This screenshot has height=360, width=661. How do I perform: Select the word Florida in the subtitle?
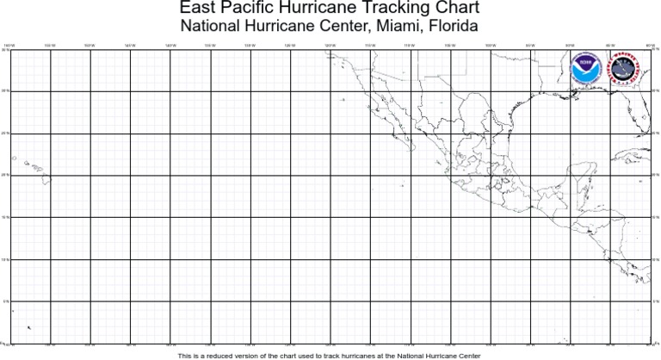pos(454,26)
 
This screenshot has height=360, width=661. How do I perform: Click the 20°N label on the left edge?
pos(5,175)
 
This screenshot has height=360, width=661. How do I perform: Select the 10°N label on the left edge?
pos(5,259)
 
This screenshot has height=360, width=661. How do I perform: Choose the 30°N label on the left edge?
pos(5,90)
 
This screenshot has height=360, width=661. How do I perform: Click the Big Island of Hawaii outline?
pos(47,179)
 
